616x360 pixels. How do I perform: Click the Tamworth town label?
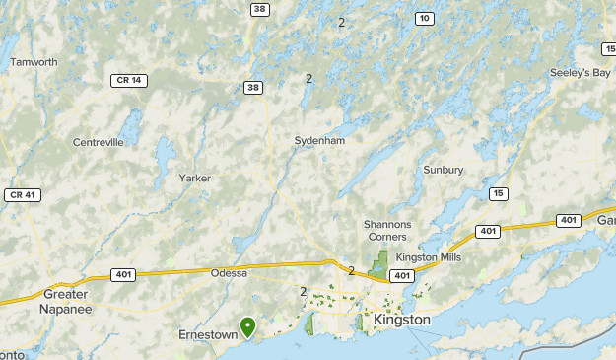34,61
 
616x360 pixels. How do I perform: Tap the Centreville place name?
99,142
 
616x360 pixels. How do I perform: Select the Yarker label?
195,179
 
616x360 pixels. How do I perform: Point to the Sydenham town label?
319,141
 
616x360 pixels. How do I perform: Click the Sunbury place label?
443,170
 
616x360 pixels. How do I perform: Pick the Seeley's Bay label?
581,73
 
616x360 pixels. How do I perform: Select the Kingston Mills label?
428,257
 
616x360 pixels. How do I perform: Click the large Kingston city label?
402,320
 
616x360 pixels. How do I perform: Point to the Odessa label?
229,273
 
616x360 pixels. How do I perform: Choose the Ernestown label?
208,334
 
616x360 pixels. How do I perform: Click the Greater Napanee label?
67,301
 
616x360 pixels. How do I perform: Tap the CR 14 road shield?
128,80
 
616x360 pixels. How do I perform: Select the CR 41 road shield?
22,195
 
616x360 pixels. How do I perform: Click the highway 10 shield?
424,18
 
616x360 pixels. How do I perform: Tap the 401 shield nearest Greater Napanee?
123,274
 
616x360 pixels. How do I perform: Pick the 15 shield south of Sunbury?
500,193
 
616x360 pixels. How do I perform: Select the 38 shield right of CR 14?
253,88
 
